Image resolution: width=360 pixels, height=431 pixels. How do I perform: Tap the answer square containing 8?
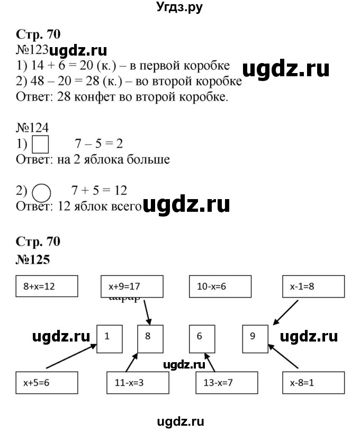150,338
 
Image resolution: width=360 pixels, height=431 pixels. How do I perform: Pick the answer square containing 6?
202,338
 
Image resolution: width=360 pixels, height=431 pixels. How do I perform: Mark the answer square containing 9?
255,338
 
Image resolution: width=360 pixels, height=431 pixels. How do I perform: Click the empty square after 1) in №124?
41,145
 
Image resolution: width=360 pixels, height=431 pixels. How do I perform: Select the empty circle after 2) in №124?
42,191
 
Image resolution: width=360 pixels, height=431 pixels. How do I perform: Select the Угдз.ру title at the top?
179,7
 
